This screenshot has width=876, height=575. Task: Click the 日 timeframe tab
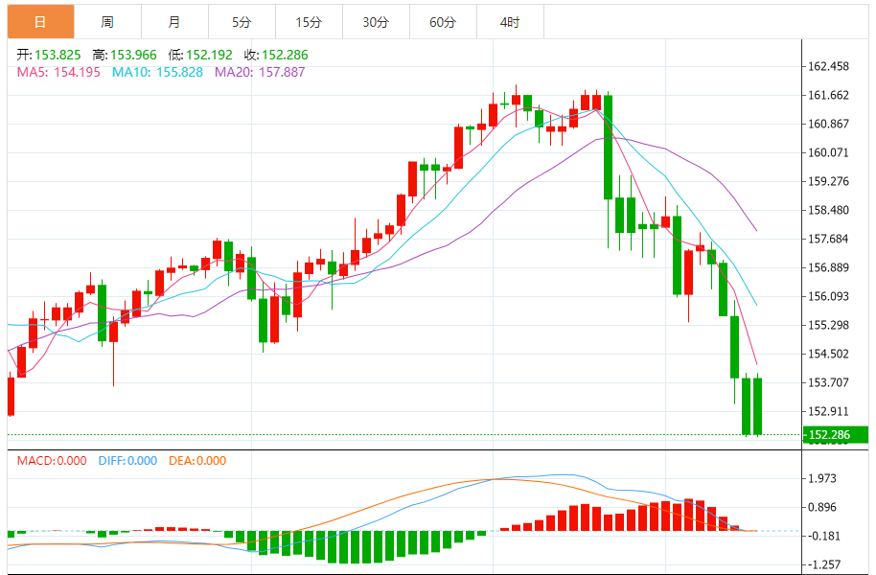click(x=40, y=22)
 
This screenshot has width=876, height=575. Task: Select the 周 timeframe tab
click(x=107, y=22)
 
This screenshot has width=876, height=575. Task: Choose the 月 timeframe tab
click(x=173, y=22)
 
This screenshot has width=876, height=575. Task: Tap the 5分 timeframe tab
click(x=241, y=22)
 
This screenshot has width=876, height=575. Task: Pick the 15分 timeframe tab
click(x=308, y=22)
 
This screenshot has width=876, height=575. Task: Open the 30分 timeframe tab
click(x=376, y=22)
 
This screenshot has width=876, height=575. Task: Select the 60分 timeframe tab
click(x=443, y=22)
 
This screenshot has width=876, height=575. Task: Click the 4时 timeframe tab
click(x=510, y=22)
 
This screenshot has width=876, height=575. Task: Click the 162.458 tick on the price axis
click(x=829, y=67)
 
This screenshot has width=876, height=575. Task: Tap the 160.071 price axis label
click(x=829, y=152)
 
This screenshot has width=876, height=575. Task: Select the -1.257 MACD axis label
click(x=824, y=564)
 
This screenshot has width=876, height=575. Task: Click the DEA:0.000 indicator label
click(x=197, y=461)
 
